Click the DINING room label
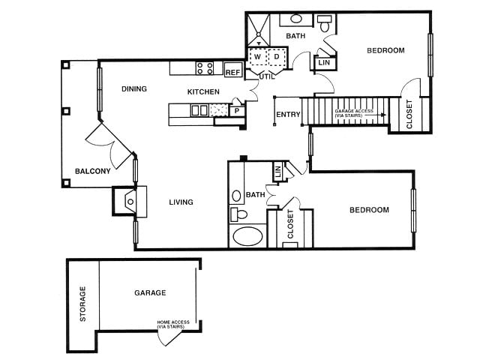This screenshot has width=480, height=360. (x=133, y=89)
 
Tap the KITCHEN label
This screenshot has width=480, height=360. (x=203, y=91)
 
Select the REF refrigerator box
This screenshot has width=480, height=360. (x=232, y=73)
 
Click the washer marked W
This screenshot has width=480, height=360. (x=257, y=57)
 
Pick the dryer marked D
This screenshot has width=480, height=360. (x=276, y=57)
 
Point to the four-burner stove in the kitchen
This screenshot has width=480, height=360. (x=205, y=68)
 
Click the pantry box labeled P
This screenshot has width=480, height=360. (x=236, y=111)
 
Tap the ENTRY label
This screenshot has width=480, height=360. (x=288, y=115)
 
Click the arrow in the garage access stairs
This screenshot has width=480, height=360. (x=382, y=115)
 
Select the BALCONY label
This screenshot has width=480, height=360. (x=92, y=171)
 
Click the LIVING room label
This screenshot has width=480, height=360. (x=181, y=202)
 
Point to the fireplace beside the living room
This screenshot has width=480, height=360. (x=129, y=201)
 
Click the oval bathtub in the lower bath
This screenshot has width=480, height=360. (x=248, y=237)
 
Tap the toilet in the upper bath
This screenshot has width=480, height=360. (x=325, y=24)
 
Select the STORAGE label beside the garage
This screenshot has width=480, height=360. (x=83, y=304)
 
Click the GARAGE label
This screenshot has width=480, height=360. (x=150, y=292)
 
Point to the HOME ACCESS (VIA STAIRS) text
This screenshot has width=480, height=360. (x=173, y=324)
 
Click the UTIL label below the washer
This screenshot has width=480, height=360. (x=266, y=76)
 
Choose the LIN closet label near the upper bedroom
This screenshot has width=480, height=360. (x=324, y=63)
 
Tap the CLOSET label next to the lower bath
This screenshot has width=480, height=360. (x=291, y=224)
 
